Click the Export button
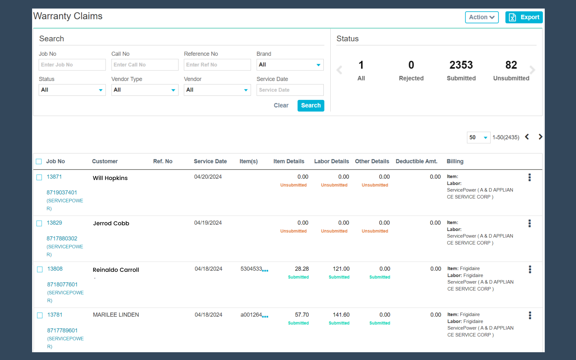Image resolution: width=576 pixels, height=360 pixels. click(x=524, y=17)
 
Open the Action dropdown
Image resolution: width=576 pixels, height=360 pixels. click(x=482, y=17)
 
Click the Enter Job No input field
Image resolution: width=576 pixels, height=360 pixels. click(x=72, y=65)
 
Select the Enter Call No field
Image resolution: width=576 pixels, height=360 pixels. click(x=145, y=65)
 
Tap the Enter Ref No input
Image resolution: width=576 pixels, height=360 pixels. click(x=217, y=65)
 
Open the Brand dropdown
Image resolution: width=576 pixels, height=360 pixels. click(x=290, y=65)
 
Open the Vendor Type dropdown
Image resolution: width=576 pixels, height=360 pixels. click(x=145, y=90)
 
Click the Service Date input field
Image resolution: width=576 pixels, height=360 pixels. click(x=290, y=90)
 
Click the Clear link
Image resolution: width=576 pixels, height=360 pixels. click(x=281, y=106)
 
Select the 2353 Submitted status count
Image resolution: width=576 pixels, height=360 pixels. click(x=461, y=70)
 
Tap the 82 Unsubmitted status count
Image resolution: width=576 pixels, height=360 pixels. click(x=511, y=70)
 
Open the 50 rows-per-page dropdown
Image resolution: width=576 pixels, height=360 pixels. click(x=478, y=137)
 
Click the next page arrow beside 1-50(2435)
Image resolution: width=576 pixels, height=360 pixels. click(x=540, y=137)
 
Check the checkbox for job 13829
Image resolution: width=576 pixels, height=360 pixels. click(x=39, y=223)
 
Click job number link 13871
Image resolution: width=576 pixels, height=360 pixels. click(x=54, y=177)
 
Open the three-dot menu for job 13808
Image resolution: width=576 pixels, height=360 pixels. click(x=530, y=269)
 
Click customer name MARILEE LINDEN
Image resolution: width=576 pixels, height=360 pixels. click(x=116, y=315)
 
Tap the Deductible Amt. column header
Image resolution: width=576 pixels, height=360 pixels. click(x=416, y=161)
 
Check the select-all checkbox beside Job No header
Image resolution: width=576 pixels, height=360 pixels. click(x=39, y=161)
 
